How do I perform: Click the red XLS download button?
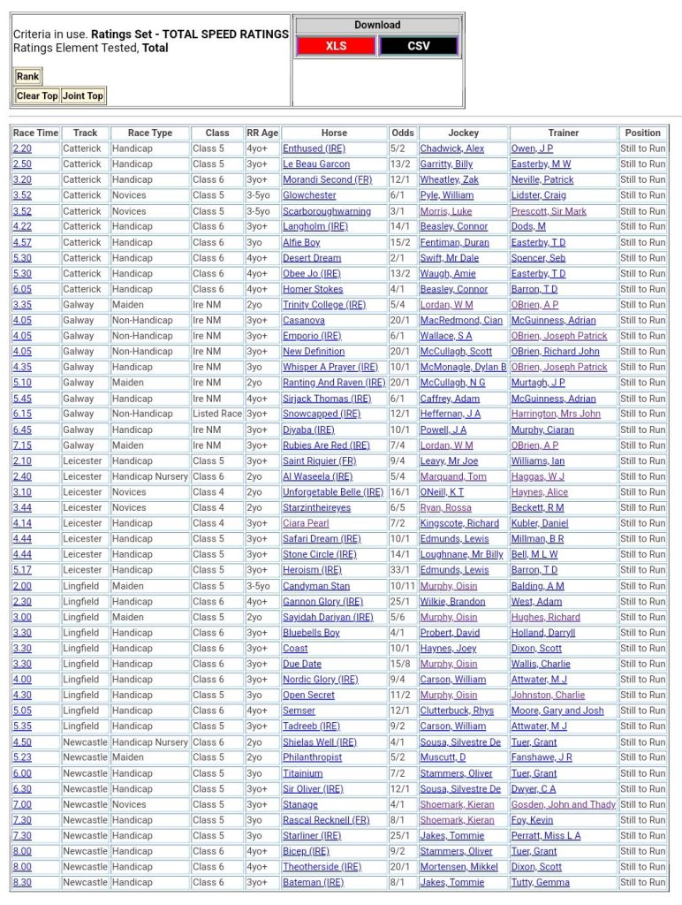click(336, 46)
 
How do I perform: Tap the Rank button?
click(27, 77)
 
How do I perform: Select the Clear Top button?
click(37, 95)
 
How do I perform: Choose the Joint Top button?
click(83, 95)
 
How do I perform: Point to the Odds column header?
click(402, 133)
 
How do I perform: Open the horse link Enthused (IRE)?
click(314, 148)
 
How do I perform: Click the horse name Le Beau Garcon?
click(316, 164)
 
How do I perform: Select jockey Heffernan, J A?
click(451, 414)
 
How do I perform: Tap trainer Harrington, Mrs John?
click(556, 414)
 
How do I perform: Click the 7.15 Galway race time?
click(22, 445)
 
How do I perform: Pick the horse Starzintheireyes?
click(316, 508)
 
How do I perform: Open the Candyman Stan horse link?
click(316, 586)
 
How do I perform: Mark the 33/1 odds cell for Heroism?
click(402, 570)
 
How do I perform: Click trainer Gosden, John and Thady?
click(564, 805)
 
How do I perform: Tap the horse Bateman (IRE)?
click(313, 883)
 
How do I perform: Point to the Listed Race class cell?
click(217, 414)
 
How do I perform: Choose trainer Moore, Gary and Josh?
click(557, 711)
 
